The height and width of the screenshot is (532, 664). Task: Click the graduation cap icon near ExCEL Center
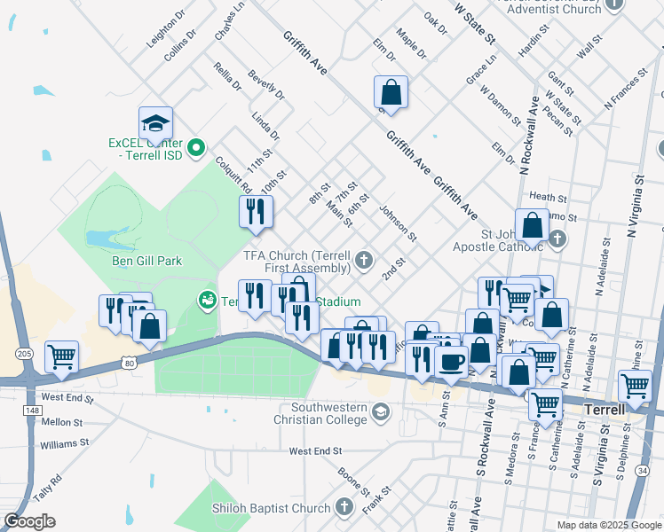pos(155,123)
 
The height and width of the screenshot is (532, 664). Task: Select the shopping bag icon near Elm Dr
pos(391,91)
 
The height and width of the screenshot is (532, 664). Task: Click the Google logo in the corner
pos(29,521)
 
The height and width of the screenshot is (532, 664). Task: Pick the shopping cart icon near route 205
pos(62,356)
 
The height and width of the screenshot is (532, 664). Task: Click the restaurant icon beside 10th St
pos(256,211)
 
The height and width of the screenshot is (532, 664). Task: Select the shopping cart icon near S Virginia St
pos(635,386)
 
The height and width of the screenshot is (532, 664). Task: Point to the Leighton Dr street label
pos(166,28)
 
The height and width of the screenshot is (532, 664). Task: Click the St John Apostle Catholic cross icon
pos(557,239)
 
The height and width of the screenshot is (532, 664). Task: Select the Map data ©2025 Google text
pos(608,525)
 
